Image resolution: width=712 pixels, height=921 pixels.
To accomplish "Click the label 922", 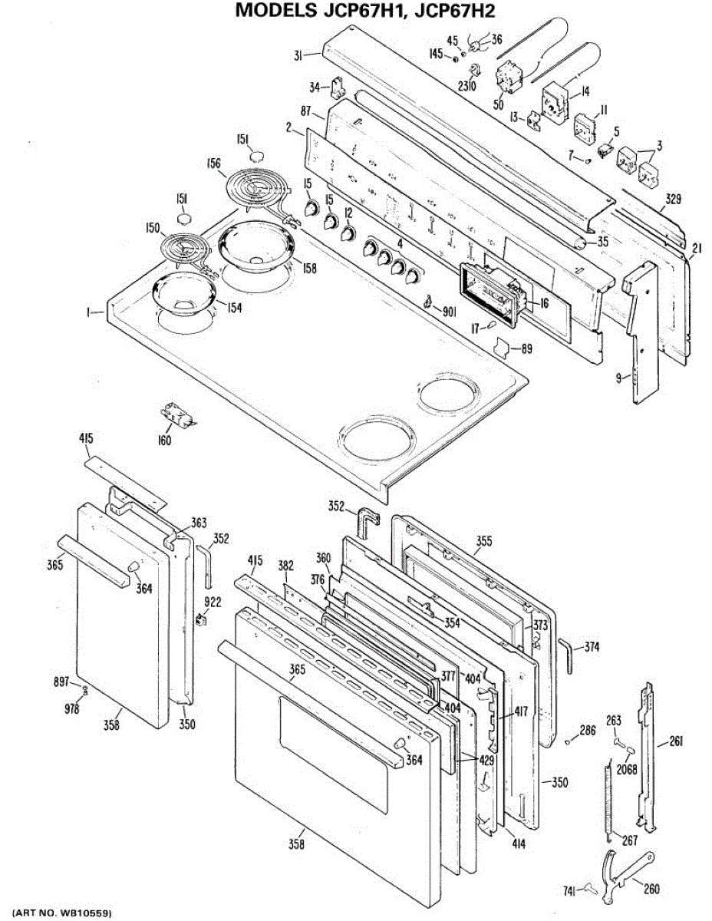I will point(212,602).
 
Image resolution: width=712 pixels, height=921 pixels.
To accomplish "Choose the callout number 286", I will point(587,730).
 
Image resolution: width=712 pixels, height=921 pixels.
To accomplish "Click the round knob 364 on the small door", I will point(133,566).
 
